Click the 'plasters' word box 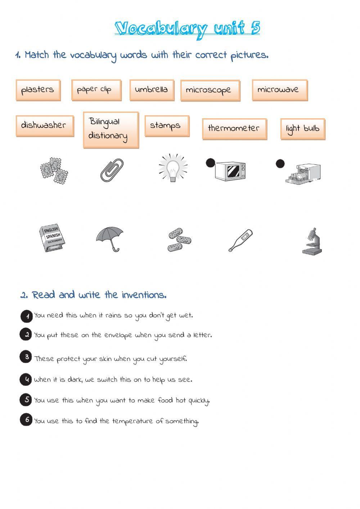[x=38, y=90]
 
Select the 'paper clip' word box [x=96, y=90]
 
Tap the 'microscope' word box [x=210, y=90]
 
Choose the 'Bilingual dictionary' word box [x=111, y=129]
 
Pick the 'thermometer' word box [x=234, y=129]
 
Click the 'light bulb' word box [x=302, y=129]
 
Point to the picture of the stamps [x=54, y=170]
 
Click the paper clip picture [x=112, y=170]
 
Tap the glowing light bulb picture [x=174, y=168]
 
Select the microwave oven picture [x=230, y=171]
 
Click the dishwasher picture [x=303, y=174]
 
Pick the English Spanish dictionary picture [x=52, y=238]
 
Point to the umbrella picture [x=110, y=238]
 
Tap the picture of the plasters [x=179, y=240]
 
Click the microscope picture [x=312, y=241]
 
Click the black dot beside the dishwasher [x=280, y=164]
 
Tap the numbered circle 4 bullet [x=26, y=379]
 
